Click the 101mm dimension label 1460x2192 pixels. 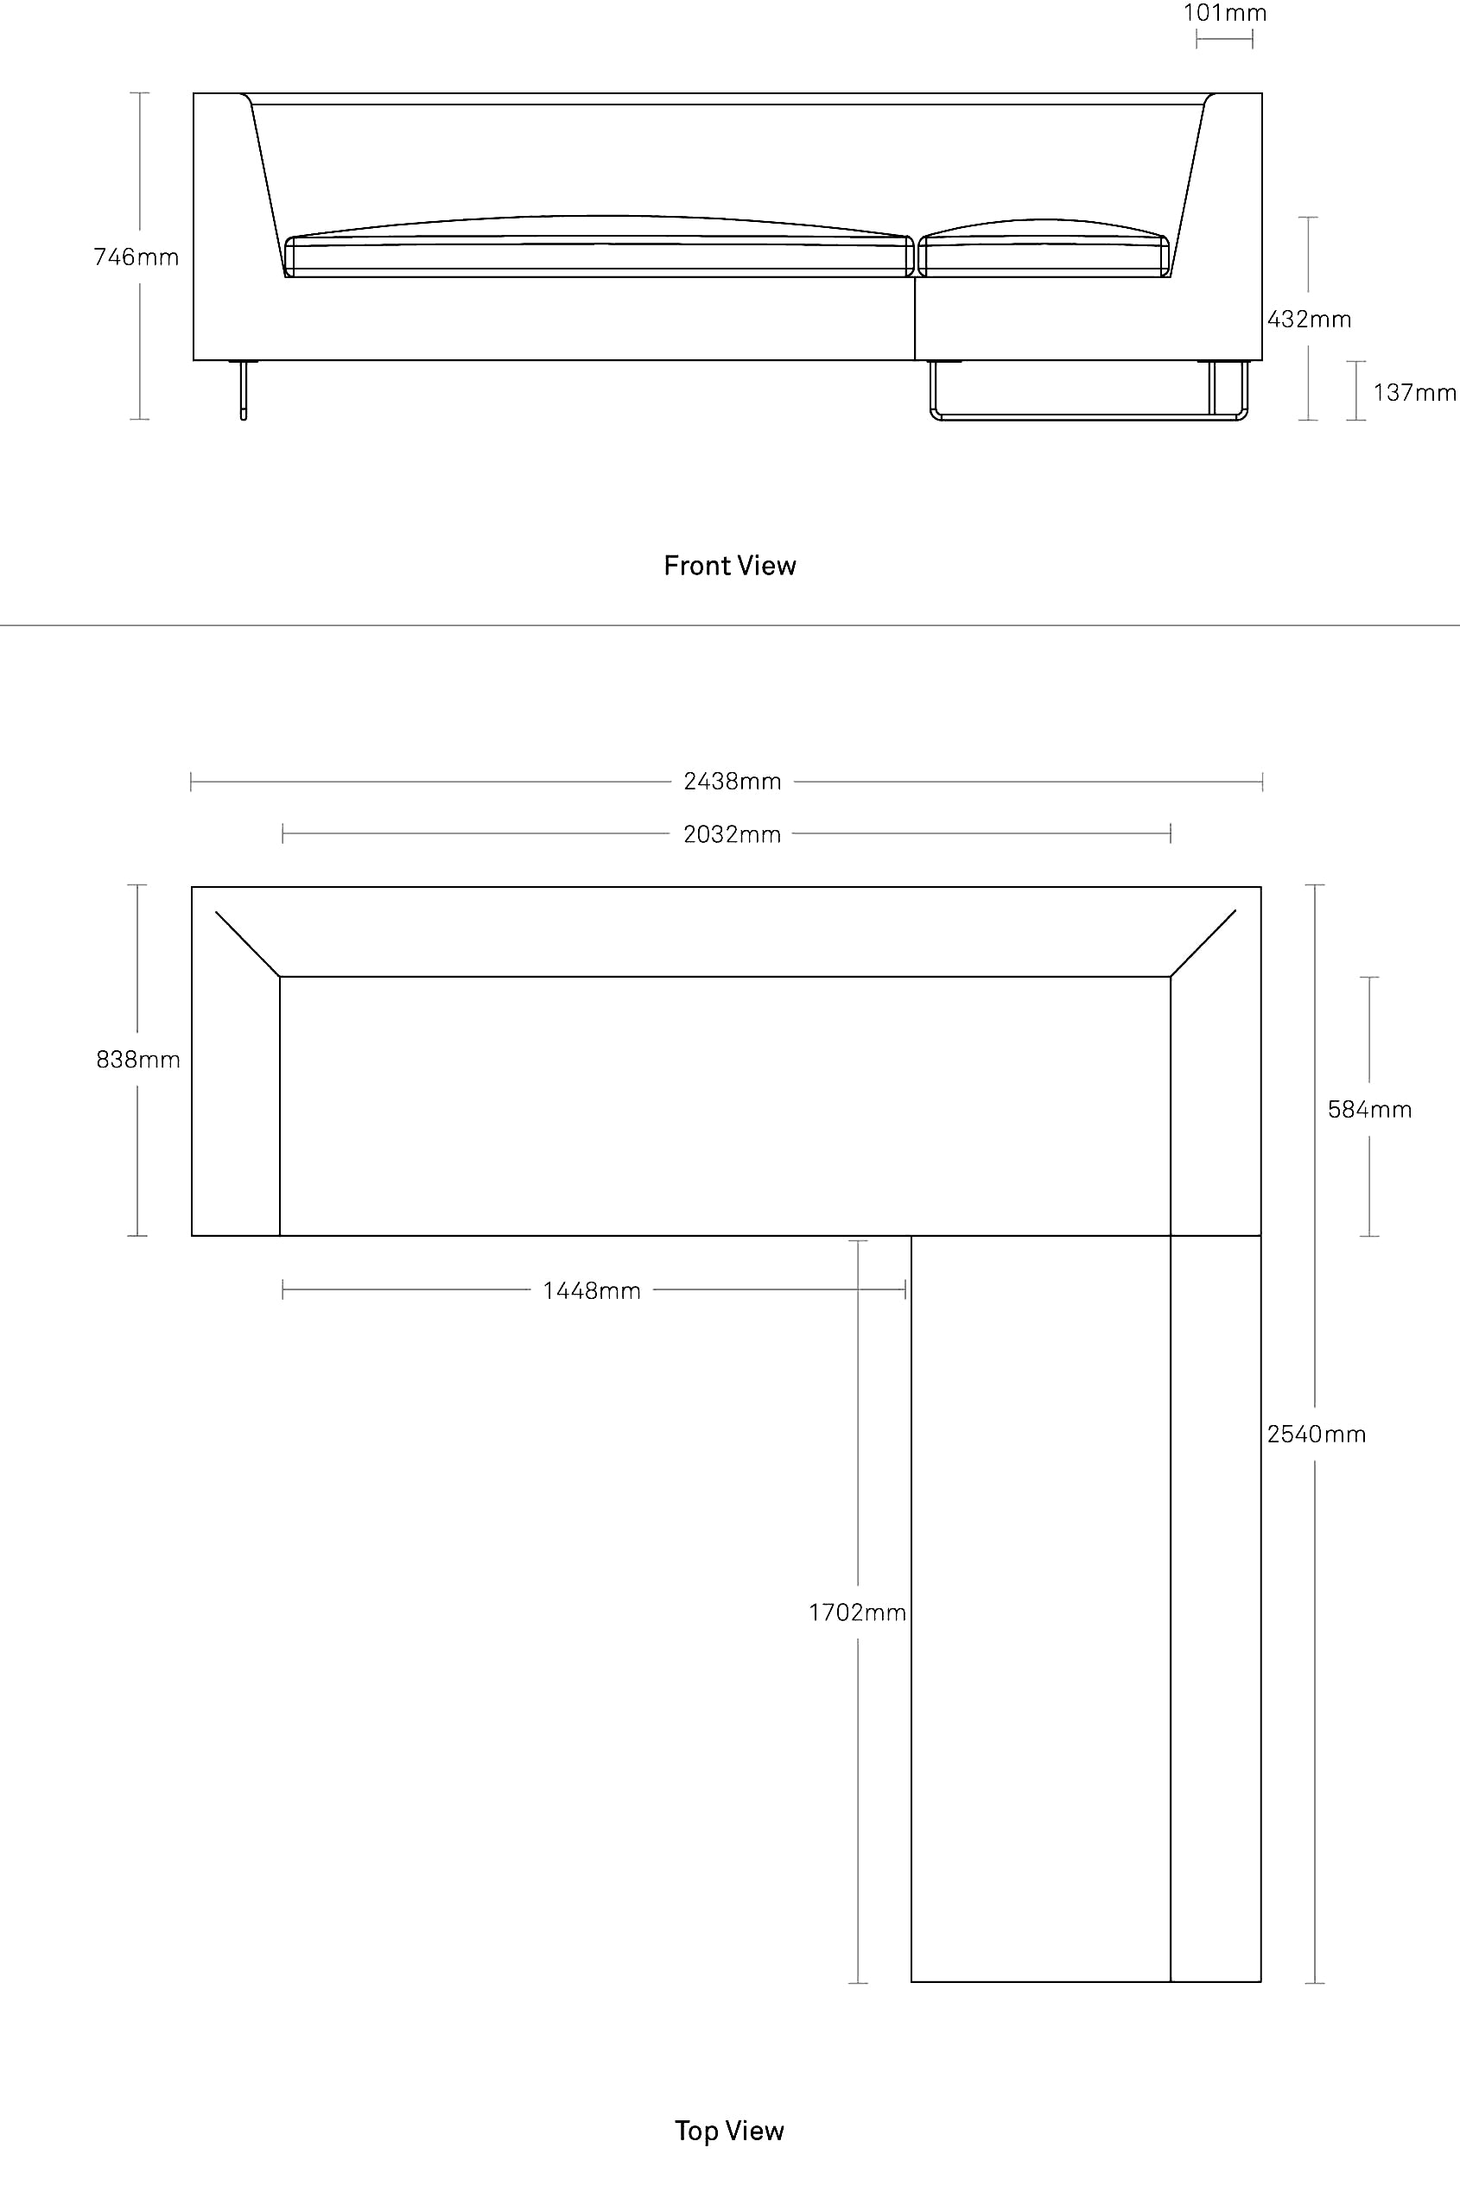click(x=1224, y=13)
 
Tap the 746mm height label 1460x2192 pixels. click(x=136, y=257)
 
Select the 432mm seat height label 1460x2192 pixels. click(x=1309, y=320)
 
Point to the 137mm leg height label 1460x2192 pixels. click(x=1414, y=393)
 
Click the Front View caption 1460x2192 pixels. click(x=730, y=566)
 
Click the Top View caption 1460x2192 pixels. click(x=730, y=2131)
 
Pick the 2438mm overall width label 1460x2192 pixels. click(x=732, y=782)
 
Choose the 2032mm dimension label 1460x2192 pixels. click(x=732, y=835)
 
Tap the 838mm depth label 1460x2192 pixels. click(x=138, y=1059)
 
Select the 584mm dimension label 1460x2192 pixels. click(x=1369, y=1110)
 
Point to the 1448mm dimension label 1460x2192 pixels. click(x=592, y=1291)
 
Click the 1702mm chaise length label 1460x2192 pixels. click(x=858, y=1613)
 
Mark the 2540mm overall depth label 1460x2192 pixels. click(x=1317, y=1435)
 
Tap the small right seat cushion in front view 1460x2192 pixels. click(x=1044, y=249)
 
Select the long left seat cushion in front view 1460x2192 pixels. click(x=600, y=247)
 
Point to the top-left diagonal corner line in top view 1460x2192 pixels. click(x=248, y=944)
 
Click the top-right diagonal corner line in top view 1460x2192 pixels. click(x=1203, y=943)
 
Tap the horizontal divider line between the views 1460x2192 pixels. click(x=730, y=625)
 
